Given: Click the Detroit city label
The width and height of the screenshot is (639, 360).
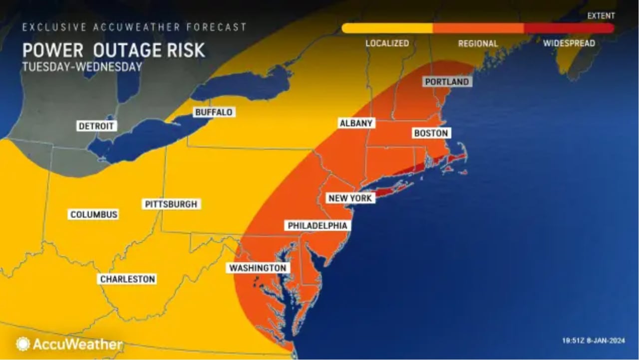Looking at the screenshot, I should pyautogui.click(x=96, y=126).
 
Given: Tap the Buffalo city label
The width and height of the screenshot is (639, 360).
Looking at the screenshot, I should pyautogui.click(x=214, y=112).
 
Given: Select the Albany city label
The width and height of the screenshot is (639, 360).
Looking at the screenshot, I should pyautogui.click(x=356, y=123).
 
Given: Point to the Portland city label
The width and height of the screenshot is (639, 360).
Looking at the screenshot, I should pyautogui.click(x=447, y=81).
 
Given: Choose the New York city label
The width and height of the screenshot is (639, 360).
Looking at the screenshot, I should pyautogui.click(x=349, y=198).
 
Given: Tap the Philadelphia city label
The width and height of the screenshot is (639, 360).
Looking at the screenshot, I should pyautogui.click(x=317, y=225).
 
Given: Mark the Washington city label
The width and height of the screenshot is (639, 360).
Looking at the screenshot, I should pyautogui.click(x=258, y=268).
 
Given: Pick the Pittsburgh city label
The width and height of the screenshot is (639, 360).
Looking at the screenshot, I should pyautogui.click(x=171, y=204).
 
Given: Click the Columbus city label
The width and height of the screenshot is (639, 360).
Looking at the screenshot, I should pyautogui.click(x=93, y=214).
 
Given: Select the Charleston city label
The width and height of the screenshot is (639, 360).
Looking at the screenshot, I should pyautogui.click(x=127, y=279).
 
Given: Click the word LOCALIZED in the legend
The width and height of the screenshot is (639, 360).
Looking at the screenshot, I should pyautogui.click(x=387, y=43).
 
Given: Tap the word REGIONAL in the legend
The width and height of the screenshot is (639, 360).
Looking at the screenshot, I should pyautogui.click(x=478, y=43).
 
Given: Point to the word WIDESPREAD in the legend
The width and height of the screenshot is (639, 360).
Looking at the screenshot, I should pyautogui.click(x=569, y=43).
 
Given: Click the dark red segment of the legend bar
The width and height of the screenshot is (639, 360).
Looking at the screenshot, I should pyautogui.click(x=569, y=28).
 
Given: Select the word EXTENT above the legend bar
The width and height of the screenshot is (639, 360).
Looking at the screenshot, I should pyautogui.click(x=601, y=16).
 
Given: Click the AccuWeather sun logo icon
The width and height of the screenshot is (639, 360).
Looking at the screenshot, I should pyautogui.click(x=23, y=344).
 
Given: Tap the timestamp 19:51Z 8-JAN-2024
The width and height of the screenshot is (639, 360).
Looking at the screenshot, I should pyautogui.click(x=593, y=340).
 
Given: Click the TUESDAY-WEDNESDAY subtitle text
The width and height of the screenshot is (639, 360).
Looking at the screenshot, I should pyautogui.click(x=82, y=67).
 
